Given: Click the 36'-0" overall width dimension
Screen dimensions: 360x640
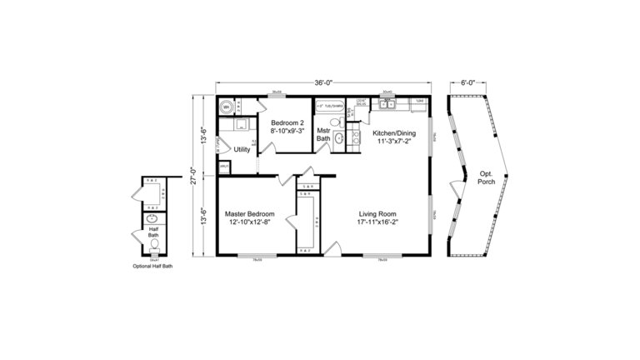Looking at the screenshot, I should [324, 82].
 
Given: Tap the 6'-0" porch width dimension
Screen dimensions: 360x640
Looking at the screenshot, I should [467, 82].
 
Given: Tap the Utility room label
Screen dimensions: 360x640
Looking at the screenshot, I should [242, 150].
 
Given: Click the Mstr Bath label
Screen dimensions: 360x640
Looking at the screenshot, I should [323, 134].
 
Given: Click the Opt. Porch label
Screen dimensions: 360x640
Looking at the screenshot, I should [486, 179].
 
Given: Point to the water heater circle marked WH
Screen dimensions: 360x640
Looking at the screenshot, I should [225, 106].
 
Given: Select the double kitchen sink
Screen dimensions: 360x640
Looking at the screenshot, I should [387, 104].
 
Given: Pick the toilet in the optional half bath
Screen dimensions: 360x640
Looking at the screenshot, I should [153, 245].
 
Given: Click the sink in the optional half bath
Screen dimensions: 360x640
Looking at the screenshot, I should [152, 220].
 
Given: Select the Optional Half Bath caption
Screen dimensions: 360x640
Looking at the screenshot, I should [152, 267].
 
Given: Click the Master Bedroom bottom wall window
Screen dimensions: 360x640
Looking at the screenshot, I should [257, 257].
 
